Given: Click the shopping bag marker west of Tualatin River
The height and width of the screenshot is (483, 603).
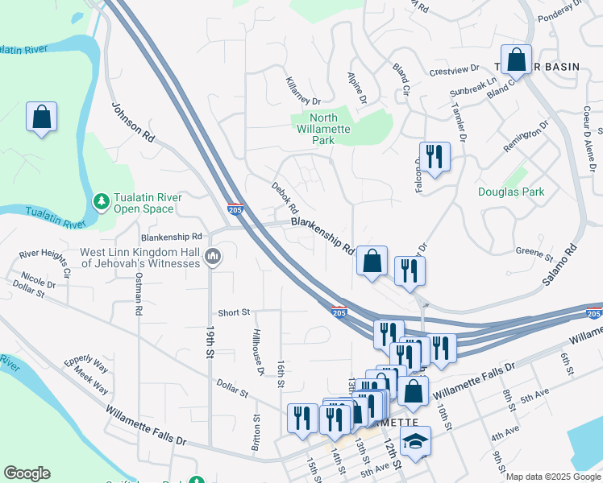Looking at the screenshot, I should coord(41,118).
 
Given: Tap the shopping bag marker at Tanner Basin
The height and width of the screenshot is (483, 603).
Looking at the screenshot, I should coord(517,60).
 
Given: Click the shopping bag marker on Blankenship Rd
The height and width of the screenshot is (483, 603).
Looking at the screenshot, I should coord(372,262).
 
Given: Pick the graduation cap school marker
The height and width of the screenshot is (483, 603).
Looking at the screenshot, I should coord(415,441).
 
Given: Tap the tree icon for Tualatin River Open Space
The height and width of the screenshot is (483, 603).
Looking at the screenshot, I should coord(101,200).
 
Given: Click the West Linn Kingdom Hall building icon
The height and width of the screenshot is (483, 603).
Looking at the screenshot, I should coord(213,257).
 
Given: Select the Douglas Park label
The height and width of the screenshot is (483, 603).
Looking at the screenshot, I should coord(511,192).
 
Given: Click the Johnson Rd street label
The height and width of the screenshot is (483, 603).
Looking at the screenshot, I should coord(132,122).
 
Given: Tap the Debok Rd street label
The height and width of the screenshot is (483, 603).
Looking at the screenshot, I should coord(285,197).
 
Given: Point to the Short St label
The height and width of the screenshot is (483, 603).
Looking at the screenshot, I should coord(235,312).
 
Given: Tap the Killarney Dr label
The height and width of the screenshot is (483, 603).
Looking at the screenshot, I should coord(303,91).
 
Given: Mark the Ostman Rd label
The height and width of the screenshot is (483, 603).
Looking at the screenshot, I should coord(139,297).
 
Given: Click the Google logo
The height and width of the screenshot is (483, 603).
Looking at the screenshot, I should coord(27,473).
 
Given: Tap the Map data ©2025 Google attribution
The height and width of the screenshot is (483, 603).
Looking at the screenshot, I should coord(552,477).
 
